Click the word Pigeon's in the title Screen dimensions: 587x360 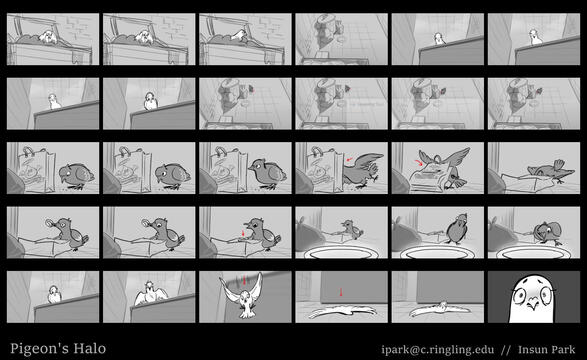pyautogui.click(x=40, y=349)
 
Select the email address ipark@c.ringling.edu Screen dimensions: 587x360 pyautogui.click(x=438, y=350)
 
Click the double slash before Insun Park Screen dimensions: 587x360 pyautogui.click(x=506, y=350)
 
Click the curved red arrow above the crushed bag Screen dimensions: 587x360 pyautogui.click(x=419, y=161)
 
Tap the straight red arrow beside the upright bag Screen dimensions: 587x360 pyautogui.click(x=349, y=159)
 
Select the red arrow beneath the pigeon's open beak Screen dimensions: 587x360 pyautogui.click(x=243, y=233)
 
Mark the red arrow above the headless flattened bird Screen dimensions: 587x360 pyautogui.click(x=341, y=292)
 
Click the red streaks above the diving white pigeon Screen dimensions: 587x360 pyautogui.click(x=244, y=280)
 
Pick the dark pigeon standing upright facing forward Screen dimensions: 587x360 pyautogui.click(x=457, y=228)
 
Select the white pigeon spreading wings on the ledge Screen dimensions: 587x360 pyautogui.click(x=151, y=295)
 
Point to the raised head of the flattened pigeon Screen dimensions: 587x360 pyautogui.click(x=444, y=305)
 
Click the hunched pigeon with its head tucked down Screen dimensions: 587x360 pyautogui.click(x=548, y=233)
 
